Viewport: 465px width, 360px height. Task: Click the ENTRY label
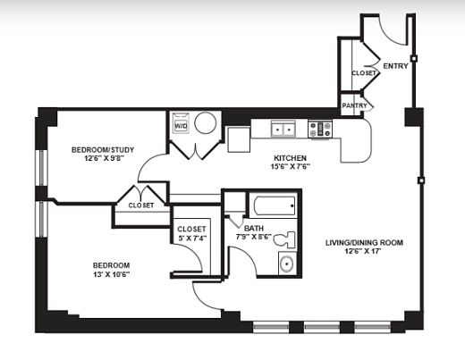(395, 66)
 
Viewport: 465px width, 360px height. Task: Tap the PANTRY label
(354, 105)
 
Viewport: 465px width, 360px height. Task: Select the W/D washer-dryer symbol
(181, 123)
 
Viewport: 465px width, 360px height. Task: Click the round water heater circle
(205, 122)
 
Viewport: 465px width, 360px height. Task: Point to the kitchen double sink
(283, 130)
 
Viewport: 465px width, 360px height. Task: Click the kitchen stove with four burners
(320, 130)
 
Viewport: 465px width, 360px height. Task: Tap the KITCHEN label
(290, 158)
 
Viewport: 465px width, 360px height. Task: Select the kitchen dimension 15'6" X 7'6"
(290, 166)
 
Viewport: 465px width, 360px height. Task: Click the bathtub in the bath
(275, 205)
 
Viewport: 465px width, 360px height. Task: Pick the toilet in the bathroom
(284, 239)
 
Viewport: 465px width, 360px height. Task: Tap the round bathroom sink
(287, 264)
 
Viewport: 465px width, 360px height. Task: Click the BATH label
(254, 229)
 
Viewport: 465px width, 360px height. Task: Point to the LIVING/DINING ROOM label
(364, 243)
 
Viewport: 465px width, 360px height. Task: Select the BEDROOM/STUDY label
(103, 150)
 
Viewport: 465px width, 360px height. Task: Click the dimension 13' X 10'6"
(111, 274)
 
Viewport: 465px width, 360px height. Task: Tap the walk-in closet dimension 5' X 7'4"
(191, 238)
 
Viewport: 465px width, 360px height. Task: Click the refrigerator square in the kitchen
(239, 139)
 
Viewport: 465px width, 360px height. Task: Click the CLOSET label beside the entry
(364, 73)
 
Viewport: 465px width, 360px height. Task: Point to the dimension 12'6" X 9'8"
(104, 158)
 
